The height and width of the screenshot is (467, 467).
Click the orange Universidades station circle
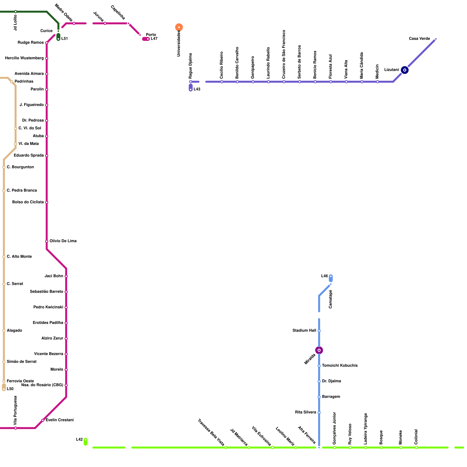coord(179,27)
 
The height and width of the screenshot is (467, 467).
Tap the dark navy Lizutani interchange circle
coord(405,70)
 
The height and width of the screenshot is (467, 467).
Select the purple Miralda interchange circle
coord(319,350)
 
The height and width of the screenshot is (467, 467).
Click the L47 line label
coord(154,39)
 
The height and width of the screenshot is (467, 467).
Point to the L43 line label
coord(197,89)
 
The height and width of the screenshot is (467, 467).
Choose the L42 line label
coord(79,440)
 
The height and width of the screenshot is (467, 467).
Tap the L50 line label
coord(10,389)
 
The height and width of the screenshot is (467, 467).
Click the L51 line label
coord(65,39)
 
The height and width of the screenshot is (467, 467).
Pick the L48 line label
coord(324,276)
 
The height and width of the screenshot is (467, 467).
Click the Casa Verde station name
coord(419,39)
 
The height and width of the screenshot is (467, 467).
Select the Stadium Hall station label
coord(304,331)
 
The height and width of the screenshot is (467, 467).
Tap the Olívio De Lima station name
coord(63,241)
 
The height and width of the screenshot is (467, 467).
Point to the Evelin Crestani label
coord(60,420)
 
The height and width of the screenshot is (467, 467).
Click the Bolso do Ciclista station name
coord(28,202)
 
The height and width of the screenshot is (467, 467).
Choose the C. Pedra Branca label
coord(22,191)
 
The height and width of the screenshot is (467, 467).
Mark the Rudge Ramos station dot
coord(47,43)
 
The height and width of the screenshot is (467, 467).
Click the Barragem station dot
coord(319,397)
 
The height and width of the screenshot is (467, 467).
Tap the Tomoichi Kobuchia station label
coord(340,366)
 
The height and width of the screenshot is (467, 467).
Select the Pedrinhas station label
coord(24,82)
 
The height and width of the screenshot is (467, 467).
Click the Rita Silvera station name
coord(305,412)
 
